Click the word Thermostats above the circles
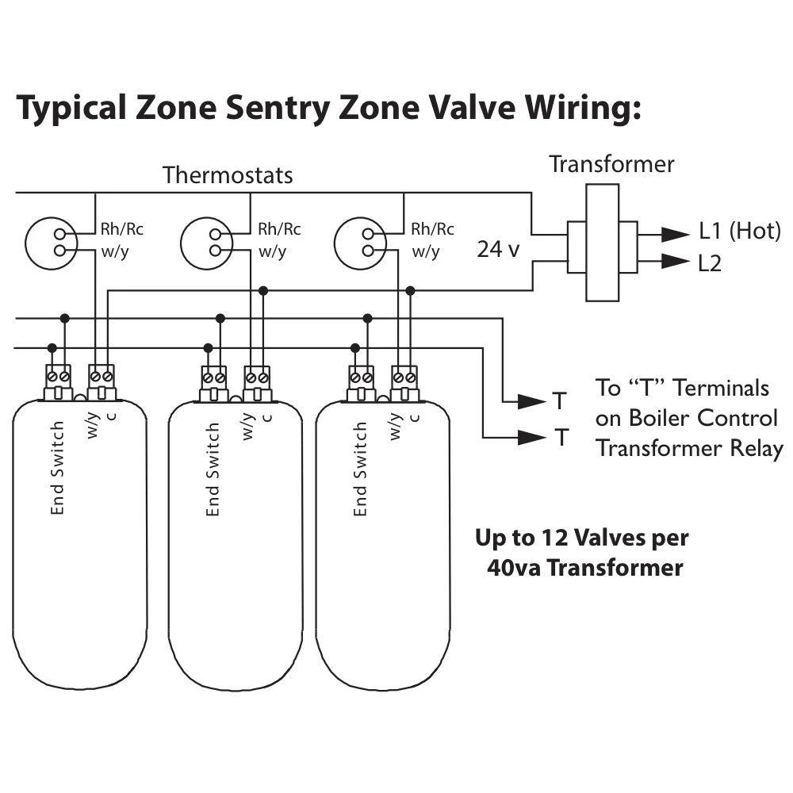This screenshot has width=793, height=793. [228, 174]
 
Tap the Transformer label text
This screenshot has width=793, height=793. [611, 164]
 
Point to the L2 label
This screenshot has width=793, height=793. [710, 263]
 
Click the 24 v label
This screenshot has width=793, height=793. [498, 250]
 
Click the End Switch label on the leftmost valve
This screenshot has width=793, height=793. [57, 468]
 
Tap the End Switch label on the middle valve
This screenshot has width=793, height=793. [213, 469]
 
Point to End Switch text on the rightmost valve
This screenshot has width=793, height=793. [361, 469]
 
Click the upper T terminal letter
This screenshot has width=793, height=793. [561, 401]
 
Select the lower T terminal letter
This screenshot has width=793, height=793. [561, 437]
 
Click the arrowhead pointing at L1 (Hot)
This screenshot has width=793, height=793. [676, 233]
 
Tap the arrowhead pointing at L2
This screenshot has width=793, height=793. [676, 262]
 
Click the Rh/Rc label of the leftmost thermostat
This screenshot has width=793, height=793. [121, 230]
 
